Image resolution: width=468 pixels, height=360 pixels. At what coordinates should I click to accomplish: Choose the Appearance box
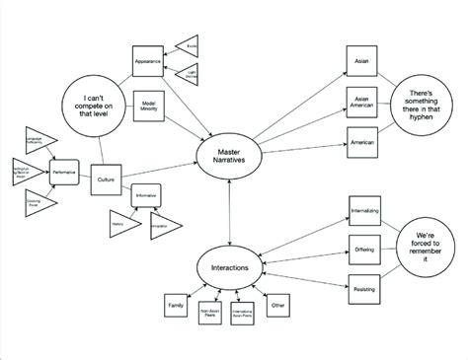click(147, 61)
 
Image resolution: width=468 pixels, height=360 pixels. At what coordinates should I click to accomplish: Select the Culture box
click(105, 180)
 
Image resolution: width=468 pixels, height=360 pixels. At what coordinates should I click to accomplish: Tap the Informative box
click(146, 195)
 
